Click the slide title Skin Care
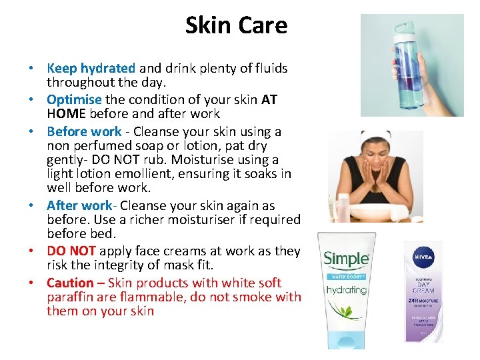[236, 25]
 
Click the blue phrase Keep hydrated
[91, 68]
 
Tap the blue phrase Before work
[84, 131]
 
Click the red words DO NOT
[71, 251]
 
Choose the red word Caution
[70, 283]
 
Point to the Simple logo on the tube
[346, 259]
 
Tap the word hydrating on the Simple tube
[346, 290]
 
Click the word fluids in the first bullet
[269, 68]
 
